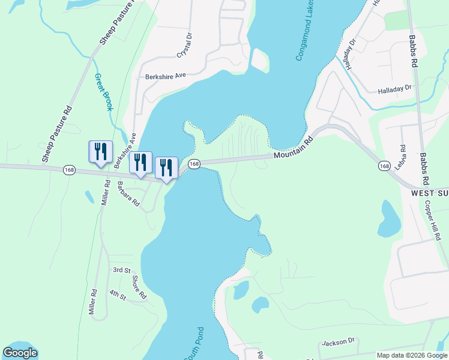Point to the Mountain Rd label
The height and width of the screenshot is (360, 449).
coord(294,149)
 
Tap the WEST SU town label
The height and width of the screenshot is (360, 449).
coord(429,194)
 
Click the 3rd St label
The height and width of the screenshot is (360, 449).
coord(121,271)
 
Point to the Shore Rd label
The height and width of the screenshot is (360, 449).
coord(139,287)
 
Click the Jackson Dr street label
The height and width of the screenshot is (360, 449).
coord(339,342)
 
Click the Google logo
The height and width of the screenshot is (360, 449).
coord(20,353)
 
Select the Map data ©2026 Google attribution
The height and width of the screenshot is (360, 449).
coord(412,355)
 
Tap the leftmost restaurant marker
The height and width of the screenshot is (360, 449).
coord(100,152)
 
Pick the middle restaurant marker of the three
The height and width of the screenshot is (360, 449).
coord(140,163)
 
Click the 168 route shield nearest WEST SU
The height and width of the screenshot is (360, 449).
coord(385,165)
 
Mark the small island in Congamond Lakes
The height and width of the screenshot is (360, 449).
coord(259,59)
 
